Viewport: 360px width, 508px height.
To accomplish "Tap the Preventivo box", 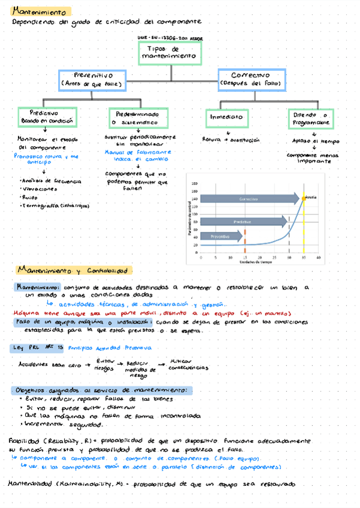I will [92, 79].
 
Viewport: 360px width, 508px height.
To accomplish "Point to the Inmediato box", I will [227, 117].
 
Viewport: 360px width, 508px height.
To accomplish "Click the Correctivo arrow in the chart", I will [249, 199].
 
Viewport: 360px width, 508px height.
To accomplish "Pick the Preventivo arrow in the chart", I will [221, 237].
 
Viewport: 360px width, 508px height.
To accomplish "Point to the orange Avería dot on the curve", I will [304, 198].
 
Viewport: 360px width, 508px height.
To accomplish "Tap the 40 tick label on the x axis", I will [318, 257].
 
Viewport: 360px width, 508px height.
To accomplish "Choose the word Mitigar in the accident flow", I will [180, 361].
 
